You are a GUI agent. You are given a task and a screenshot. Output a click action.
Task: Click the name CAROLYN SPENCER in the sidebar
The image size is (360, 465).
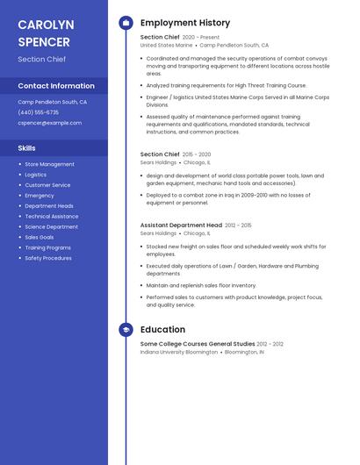[x=46, y=32]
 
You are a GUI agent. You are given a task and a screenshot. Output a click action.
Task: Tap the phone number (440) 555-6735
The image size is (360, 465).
[x=39, y=112]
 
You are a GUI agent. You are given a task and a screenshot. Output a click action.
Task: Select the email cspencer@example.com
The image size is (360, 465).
[x=49, y=123]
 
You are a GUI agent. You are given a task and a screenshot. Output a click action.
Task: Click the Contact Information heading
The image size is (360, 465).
[x=56, y=86]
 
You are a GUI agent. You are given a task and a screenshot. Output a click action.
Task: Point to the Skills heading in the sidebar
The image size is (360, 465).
[x=27, y=148]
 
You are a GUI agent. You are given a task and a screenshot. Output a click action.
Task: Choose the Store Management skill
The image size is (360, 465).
[x=49, y=164]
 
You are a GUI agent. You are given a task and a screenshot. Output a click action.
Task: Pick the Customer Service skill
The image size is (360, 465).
[x=47, y=185]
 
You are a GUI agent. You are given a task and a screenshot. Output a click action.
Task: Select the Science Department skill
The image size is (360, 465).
[x=51, y=226]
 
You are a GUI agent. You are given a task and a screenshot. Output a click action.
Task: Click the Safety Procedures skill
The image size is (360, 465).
[x=48, y=258]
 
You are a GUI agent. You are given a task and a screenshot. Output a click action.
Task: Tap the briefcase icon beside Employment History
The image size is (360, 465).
[x=126, y=23]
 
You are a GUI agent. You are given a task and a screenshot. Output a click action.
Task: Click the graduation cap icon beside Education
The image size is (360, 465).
[x=126, y=330]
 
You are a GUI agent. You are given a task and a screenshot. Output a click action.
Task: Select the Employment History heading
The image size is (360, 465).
[x=185, y=23]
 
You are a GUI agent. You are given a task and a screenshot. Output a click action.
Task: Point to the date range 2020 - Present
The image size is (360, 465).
[x=201, y=38]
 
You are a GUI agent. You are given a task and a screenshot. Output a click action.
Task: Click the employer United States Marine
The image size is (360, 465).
[x=166, y=45]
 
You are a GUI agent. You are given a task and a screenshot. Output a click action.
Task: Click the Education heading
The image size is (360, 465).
[x=162, y=330]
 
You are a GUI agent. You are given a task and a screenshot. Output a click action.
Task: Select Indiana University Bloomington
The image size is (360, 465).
[x=179, y=352]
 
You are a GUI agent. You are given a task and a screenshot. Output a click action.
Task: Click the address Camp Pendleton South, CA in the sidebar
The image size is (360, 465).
[x=53, y=102]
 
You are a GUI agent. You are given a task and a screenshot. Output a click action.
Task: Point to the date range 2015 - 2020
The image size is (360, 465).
[x=198, y=154]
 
